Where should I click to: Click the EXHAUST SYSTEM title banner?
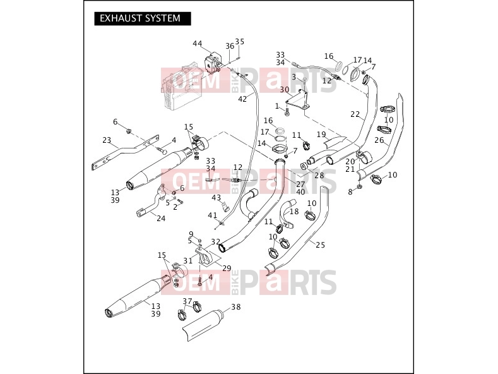tap(143, 18)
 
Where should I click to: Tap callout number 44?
tap(197, 44)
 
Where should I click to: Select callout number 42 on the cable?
tap(242, 99)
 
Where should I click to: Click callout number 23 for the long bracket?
tap(107, 140)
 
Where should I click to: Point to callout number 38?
tap(235, 307)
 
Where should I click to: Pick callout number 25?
tap(321, 244)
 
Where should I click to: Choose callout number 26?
tap(379, 140)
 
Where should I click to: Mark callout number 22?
tap(355, 114)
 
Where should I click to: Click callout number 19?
tap(321, 134)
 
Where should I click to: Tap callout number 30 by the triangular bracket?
tap(284, 90)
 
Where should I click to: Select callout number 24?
tap(161, 219)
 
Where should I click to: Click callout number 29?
tap(227, 268)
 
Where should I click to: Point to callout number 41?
tap(212, 215)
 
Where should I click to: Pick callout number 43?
tap(216, 198)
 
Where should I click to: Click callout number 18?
tap(294, 212)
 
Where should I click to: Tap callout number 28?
tap(319, 175)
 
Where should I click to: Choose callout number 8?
tap(350, 192)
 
